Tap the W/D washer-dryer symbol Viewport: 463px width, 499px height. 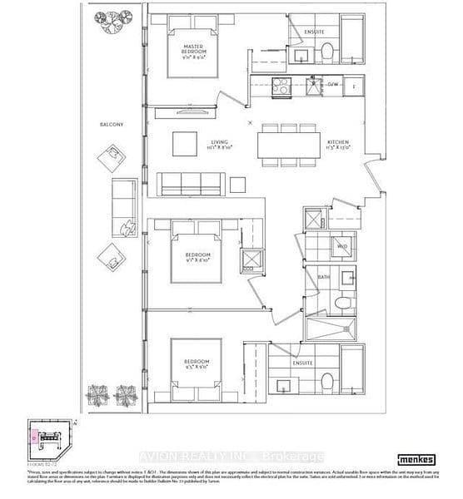point(341,247)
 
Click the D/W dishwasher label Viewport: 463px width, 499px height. point(331,85)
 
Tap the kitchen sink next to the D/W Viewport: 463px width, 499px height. point(311,85)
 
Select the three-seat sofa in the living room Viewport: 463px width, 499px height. point(192,184)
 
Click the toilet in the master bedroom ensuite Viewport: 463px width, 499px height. point(326,52)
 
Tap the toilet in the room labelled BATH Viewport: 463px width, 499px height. point(341,304)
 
